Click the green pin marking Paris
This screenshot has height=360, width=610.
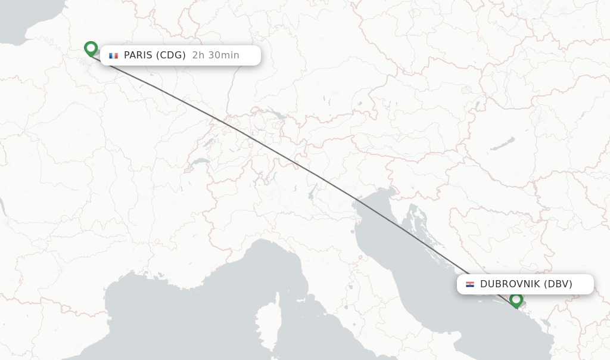pyautogui.click(x=91, y=48)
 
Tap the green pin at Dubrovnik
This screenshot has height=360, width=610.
pyautogui.click(x=516, y=300)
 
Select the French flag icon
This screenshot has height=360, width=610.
pyautogui.click(x=113, y=55)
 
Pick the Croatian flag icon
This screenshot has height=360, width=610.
pyautogui.click(x=470, y=284)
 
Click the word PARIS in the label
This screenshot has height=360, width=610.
pyautogui.click(x=138, y=55)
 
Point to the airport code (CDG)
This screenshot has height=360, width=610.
pyautogui.click(x=171, y=55)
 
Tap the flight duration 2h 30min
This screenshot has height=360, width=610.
pyautogui.click(x=216, y=55)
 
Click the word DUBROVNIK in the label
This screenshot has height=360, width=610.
pyautogui.click(x=511, y=284)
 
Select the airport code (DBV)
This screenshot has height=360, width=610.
pyautogui.click(x=558, y=284)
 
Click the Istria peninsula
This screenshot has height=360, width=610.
pyautogui.click(x=391, y=206)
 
